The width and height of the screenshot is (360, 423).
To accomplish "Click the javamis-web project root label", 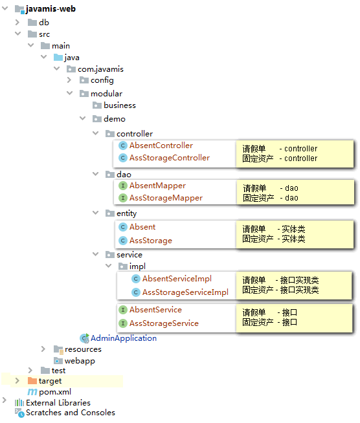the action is click(51, 9).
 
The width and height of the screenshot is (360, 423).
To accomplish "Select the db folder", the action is click(44, 23).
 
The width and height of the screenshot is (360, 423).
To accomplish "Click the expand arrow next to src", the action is click(18, 34).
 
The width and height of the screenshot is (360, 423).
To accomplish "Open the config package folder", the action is click(102, 80).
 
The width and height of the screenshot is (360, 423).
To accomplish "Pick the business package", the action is click(120, 105).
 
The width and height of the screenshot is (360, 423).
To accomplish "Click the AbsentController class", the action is click(161, 146).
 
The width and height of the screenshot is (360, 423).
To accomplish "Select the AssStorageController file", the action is click(170, 158).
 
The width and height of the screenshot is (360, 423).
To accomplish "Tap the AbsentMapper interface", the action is click(157, 186).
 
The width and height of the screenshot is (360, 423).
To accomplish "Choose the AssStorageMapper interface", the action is click(166, 198).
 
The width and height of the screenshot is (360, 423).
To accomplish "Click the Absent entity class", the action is click(142, 227).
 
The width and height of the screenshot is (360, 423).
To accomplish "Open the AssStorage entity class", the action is click(151, 241).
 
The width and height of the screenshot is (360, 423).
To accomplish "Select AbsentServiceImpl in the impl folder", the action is click(177, 279).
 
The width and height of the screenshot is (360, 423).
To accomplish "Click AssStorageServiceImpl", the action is click(185, 292).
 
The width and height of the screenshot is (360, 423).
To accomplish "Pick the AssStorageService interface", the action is click(164, 323).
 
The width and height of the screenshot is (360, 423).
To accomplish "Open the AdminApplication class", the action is click(124, 338).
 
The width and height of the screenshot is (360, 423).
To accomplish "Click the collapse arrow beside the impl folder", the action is click(109, 266).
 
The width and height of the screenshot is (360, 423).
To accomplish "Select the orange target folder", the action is click(50, 381).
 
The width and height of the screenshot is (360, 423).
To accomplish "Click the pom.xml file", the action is click(55, 392).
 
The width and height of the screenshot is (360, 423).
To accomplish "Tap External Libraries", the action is click(58, 403).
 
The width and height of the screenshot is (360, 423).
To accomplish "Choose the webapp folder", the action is click(80, 361).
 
